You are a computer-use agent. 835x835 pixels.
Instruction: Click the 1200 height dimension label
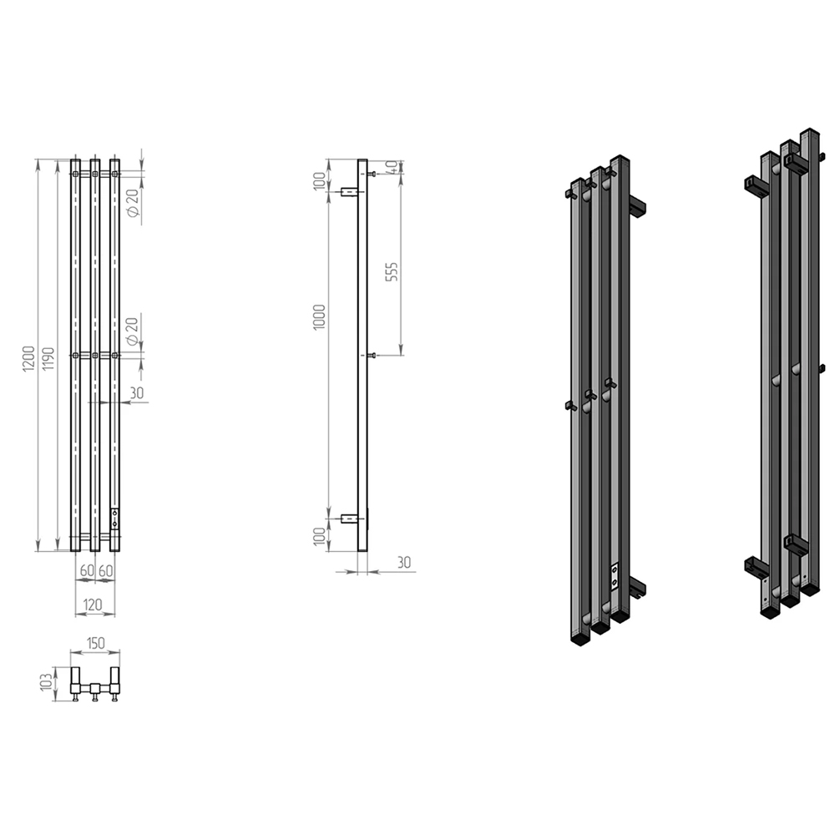point(28,358)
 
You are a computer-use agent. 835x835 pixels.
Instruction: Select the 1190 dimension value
point(48,359)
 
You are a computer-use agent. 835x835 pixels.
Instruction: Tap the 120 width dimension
point(93,605)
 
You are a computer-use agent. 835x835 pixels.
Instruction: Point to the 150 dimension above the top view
point(95,643)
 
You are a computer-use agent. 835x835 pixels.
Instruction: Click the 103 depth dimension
point(47,681)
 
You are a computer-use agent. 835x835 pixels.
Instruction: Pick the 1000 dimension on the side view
point(319,317)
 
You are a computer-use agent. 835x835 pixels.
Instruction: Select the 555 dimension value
point(392,272)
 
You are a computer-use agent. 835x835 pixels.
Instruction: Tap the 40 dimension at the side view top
point(392,167)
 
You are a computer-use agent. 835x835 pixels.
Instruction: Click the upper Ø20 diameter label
point(133,202)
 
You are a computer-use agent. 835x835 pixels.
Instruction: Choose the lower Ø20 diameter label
point(132,331)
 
